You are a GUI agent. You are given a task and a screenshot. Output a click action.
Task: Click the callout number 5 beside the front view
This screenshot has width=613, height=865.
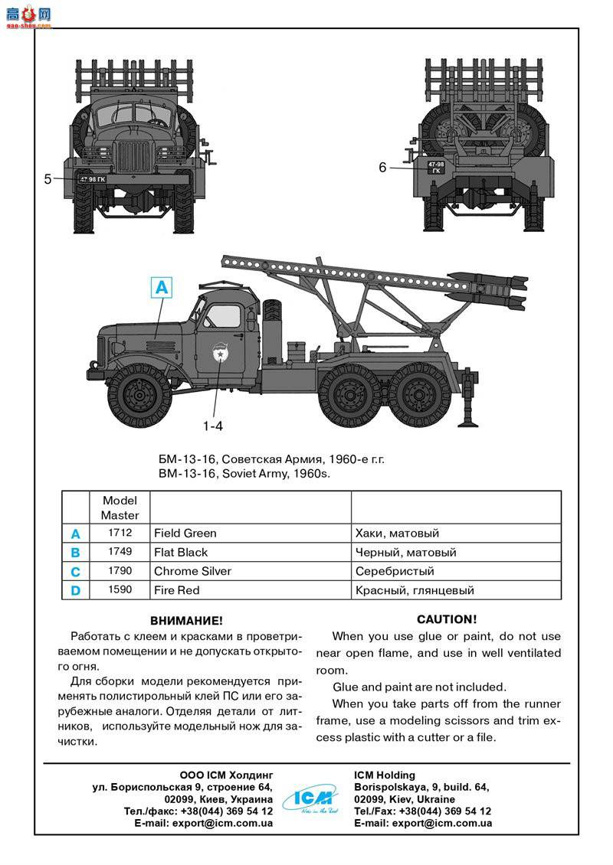(x=48, y=179)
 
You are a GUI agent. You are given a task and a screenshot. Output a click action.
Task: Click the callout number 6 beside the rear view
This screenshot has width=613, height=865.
(x=382, y=167)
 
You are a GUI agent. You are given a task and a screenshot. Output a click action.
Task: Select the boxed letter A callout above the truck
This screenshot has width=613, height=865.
(x=161, y=288)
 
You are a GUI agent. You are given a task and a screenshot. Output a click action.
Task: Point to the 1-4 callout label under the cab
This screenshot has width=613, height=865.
(x=214, y=425)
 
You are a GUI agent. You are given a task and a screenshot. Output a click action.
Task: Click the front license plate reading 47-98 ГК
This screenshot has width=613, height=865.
(x=92, y=179)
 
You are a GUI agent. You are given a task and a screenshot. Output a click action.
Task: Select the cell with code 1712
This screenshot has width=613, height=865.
(x=120, y=533)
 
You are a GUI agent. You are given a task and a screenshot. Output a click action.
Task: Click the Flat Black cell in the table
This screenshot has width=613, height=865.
(x=181, y=552)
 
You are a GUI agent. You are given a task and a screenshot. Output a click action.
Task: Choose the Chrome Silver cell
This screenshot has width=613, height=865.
(x=192, y=571)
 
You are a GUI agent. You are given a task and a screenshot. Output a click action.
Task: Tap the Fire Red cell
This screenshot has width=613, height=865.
(x=176, y=590)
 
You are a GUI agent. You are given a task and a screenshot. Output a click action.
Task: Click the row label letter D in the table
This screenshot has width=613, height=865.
(x=75, y=590)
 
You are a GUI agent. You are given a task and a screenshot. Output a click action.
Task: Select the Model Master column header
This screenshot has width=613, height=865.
(x=120, y=508)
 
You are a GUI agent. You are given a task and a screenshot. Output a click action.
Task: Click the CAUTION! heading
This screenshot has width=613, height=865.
(x=447, y=619)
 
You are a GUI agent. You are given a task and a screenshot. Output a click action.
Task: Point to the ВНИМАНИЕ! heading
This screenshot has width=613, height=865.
(x=187, y=620)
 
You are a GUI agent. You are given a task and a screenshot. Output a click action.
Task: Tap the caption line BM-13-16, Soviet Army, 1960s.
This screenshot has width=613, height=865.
(x=244, y=474)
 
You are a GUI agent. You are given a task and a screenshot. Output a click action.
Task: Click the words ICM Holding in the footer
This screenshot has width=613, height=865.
(x=385, y=775)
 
